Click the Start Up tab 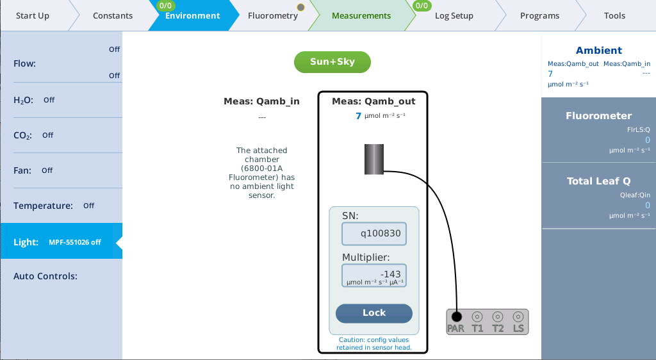32,16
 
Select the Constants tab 113,16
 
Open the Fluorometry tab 273,16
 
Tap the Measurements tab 361,16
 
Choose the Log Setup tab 454,16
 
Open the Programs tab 539,16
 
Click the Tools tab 614,16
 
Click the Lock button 374,313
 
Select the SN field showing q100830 375,234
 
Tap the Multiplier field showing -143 375,276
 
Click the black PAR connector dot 456,316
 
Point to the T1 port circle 477,316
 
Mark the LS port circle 518,316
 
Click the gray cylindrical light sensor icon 374,160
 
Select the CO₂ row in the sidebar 61,135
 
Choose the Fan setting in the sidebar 61,170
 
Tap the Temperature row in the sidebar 61,206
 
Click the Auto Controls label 45,276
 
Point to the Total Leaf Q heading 598,181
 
